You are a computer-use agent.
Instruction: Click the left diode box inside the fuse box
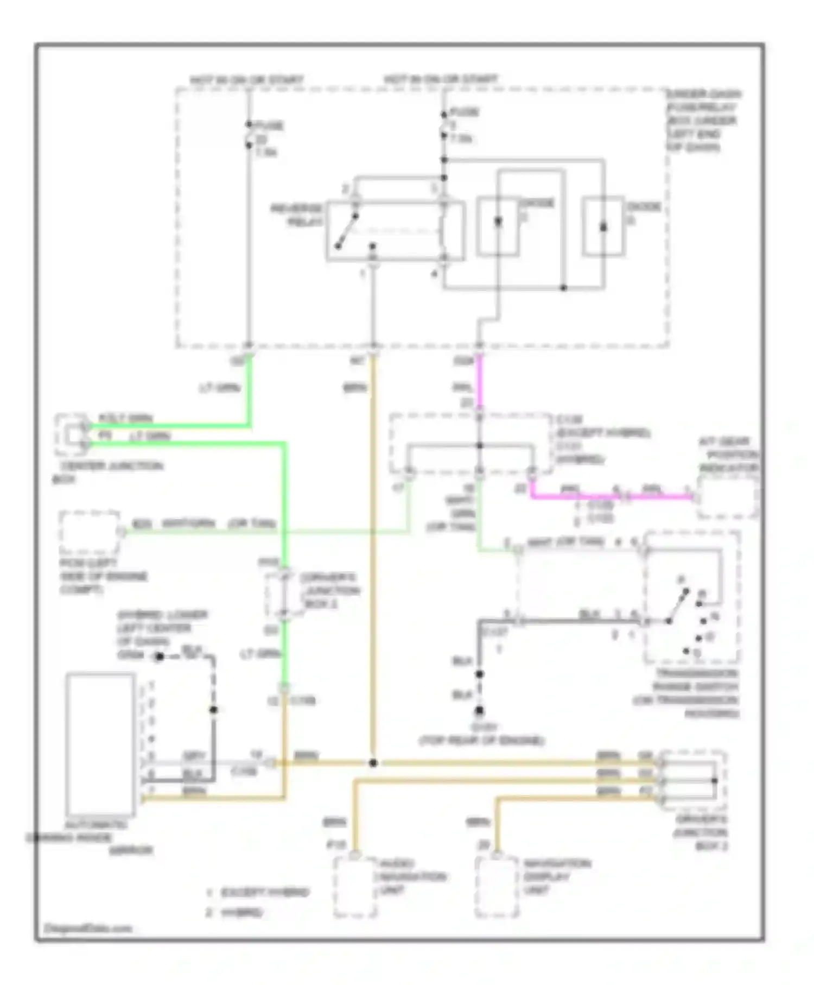click(498, 226)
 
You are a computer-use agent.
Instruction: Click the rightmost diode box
click(603, 226)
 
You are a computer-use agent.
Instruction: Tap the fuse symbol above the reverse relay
click(444, 124)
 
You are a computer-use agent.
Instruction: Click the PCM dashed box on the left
click(89, 532)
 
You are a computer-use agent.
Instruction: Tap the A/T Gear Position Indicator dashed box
click(728, 497)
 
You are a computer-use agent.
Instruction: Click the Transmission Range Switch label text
click(689, 693)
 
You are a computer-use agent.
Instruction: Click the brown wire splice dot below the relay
click(373, 762)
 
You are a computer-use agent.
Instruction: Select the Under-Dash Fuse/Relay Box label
click(703, 121)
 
